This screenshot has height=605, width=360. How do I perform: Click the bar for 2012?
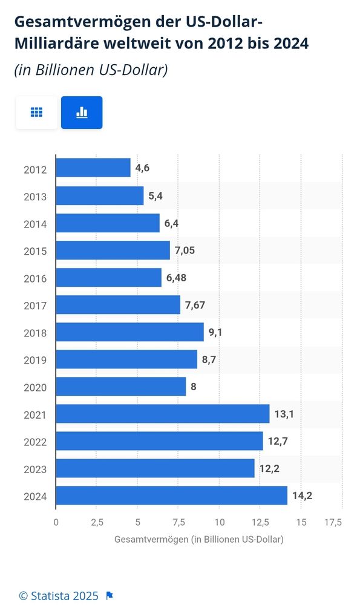93,168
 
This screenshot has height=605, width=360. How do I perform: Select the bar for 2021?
163,414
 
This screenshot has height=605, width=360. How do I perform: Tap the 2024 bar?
172,495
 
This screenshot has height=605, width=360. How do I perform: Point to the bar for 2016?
109,277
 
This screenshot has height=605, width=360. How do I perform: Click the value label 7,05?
185,250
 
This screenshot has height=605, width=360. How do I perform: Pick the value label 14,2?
303,496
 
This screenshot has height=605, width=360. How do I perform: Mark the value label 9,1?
216,332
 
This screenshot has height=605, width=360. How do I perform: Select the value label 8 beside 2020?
193,387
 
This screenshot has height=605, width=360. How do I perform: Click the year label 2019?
35,360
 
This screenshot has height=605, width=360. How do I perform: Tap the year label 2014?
35,223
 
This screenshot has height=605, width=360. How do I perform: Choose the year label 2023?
35,469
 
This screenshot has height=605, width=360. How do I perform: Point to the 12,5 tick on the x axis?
260,522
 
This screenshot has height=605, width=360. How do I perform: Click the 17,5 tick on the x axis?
333,522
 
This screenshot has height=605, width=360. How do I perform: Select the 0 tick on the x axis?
56,522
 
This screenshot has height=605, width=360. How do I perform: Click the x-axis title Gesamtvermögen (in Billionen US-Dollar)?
198,538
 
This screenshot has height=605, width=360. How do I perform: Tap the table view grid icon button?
36,113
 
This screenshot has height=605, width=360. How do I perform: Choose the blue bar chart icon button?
82,113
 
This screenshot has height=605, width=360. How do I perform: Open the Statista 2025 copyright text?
58,596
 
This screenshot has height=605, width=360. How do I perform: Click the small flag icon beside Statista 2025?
110,596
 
